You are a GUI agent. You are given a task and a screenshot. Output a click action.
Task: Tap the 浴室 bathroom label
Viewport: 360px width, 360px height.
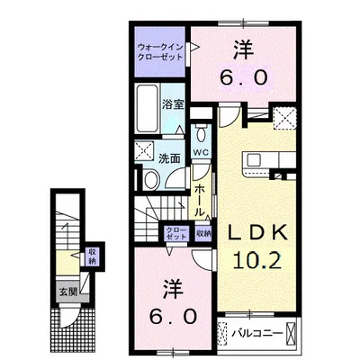coord(173,104)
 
